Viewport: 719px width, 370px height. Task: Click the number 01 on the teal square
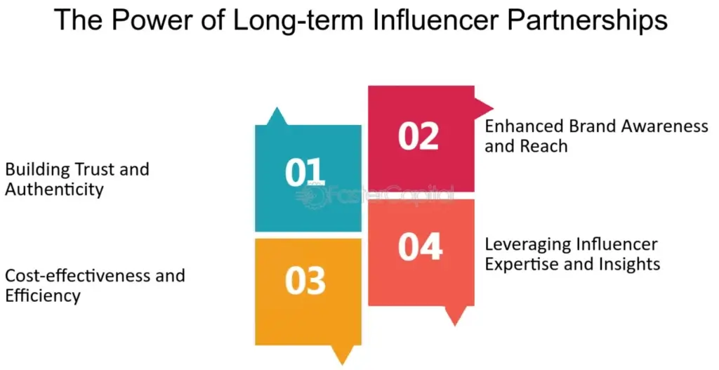click(x=306, y=172)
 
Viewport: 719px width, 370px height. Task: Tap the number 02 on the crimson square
click(x=418, y=136)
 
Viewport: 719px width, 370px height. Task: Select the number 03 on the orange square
click(x=305, y=280)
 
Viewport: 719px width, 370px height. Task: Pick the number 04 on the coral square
click(x=420, y=246)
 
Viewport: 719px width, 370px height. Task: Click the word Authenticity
click(x=54, y=190)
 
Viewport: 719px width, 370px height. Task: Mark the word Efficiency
click(x=43, y=296)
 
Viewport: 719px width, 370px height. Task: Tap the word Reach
click(x=543, y=147)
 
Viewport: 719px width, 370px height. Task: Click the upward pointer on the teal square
click(x=277, y=117)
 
